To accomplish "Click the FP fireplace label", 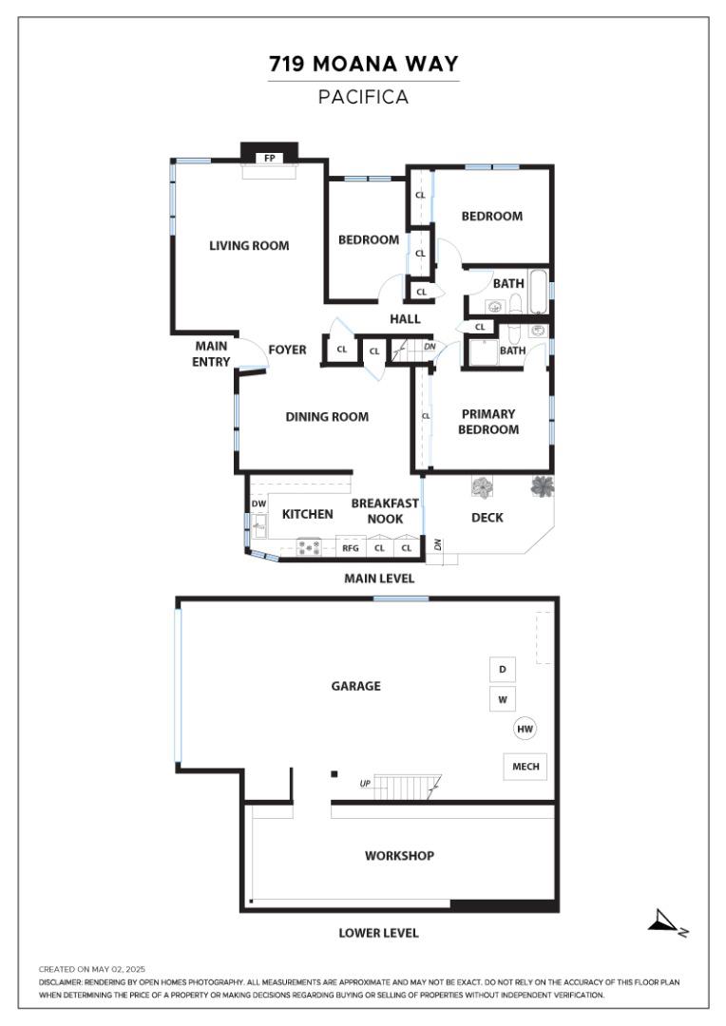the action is pos(269,159).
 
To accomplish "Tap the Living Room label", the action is pos(249,246).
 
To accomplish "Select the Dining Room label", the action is pos(327,417).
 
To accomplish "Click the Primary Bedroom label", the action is pos(488,422).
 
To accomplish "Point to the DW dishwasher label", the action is pos(258,503).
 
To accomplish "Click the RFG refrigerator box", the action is pos(351,548).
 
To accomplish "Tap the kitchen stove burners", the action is pos(308,547).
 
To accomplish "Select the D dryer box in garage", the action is pos(502,670).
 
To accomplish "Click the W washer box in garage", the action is pos(502,699).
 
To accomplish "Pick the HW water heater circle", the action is pos(525,729).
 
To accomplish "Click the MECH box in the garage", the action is pos(525,767).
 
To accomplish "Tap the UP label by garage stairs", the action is pos(365,783).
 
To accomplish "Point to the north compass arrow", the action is pos(662,921).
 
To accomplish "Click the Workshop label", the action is pos(399,856).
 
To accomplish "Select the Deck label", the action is pos(487,518).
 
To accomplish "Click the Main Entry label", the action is pos(211,354).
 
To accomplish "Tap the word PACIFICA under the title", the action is pos(363,97).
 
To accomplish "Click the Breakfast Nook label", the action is pos(385,511).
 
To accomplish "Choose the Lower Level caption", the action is pos(378,933).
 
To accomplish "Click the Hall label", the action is pos(405,319).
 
